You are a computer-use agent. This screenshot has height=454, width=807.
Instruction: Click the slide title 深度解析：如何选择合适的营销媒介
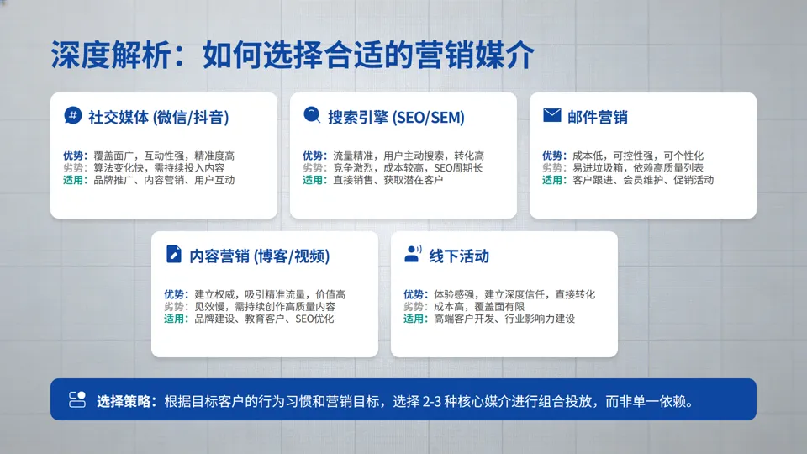point(292,55)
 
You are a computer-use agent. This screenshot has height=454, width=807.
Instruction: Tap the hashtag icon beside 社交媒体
point(73,116)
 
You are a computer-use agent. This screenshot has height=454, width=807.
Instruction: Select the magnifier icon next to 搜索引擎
point(312,116)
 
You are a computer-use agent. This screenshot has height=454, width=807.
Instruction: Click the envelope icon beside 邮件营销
point(551,116)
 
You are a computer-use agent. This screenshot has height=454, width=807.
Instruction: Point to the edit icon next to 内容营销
point(174,255)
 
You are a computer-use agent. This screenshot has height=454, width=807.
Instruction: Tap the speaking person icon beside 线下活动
point(413,255)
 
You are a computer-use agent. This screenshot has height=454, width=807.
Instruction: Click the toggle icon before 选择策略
point(77,399)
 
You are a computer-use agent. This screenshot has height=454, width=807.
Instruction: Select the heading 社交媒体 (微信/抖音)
point(159,117)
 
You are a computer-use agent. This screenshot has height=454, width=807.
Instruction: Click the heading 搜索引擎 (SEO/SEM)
point(396,117)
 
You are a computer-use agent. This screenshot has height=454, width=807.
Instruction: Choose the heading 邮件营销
point(598,117)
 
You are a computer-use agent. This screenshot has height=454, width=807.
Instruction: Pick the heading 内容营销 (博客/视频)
point(259,256)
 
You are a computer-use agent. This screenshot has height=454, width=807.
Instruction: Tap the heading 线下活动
point(459,256)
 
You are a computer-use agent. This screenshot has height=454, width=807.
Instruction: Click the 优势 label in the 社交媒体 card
point(74,156)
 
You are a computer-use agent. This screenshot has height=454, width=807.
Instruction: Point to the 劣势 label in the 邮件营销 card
point(553,167)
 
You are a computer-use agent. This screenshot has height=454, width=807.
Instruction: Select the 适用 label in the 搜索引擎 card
point(314,180)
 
